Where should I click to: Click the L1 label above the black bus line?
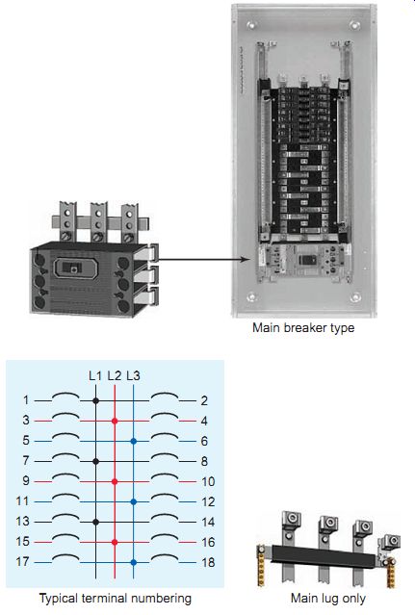(95, 375)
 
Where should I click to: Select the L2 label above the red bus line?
(115, 375)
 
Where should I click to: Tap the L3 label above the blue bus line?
(134, 375)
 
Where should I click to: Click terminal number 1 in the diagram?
(26, 400)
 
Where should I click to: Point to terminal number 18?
(208, 562)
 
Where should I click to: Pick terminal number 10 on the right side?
(208, 481)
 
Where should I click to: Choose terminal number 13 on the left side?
(23, 522)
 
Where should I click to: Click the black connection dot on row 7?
(95, 461)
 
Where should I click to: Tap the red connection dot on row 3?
(115, 421)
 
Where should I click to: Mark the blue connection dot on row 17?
(134, 562)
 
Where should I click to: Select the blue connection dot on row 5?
(134, 441)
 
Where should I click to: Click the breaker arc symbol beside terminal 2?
(165, 394)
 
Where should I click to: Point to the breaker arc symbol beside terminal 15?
(65, 535)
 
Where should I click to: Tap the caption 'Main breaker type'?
(303, 328)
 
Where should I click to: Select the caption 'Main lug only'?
(328, 599)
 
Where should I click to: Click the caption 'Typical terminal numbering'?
(116, 599)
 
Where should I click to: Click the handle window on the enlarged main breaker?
(73, 268)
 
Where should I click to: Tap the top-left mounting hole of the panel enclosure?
(250, 25)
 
